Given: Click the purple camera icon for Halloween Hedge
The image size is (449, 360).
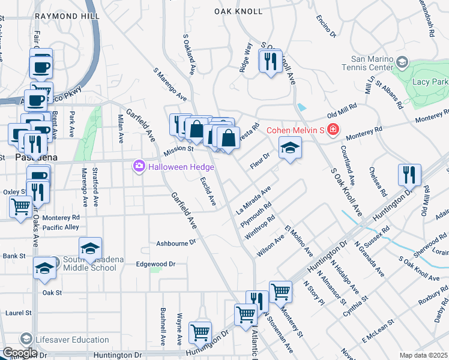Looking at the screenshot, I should (x=139, y=166).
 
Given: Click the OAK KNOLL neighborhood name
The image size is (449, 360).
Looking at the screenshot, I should (x=238, y=11).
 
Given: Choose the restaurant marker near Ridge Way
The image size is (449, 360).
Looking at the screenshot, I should (x=270, y=61).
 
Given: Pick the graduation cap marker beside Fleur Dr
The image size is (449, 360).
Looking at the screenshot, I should (x=289, y=148).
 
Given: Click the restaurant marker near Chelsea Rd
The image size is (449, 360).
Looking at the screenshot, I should (x=409, y=175).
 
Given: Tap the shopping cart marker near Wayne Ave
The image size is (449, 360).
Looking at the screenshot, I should (x=200, y=332).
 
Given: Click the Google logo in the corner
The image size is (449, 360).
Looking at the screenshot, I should (x=19, y=353).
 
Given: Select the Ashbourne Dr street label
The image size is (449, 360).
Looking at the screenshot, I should (x=176, y=243).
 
